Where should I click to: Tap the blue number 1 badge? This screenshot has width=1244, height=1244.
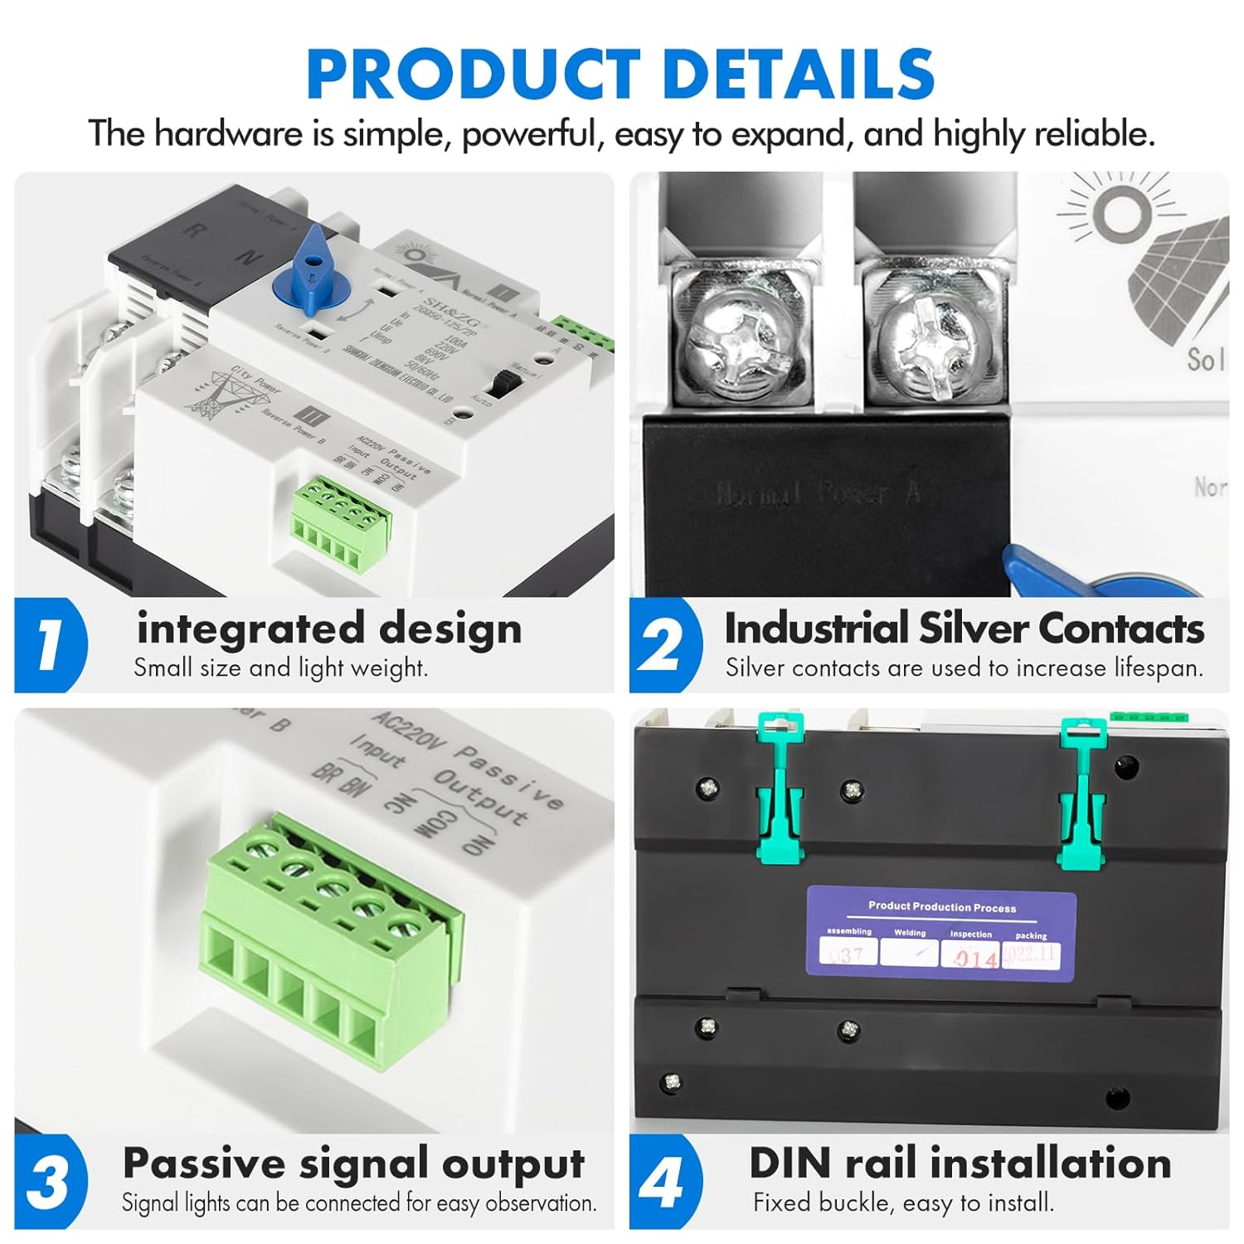[50, 644]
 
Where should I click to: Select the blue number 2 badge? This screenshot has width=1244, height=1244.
[663, 644]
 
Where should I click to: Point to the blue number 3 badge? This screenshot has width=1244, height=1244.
[50, 1181]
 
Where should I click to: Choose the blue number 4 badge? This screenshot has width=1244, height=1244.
[663, 1181]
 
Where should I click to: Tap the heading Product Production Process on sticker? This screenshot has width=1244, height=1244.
[941, 906]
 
